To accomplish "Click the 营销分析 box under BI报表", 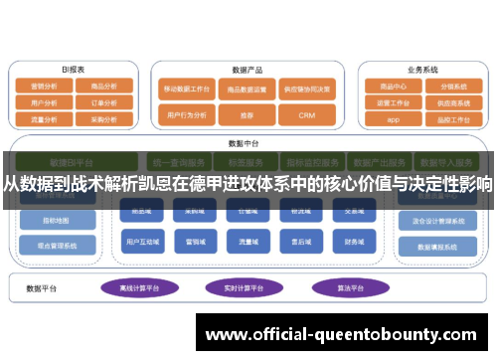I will pyautogui.click(x=44, y=87).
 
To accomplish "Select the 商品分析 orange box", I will pyautogui.click(x=104, y=87).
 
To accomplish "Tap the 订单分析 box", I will pyautogui.click(x=104, y=101).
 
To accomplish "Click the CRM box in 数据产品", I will pyautogui.click(x=306, y=115).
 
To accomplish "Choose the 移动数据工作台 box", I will pyautogui.click(x=187, y=88).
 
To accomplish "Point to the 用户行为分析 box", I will pyautogui.click(x=187, y=115).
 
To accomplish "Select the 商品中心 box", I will pyautogui.click(x=394, y=87).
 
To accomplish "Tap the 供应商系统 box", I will pyautogui.click(x=453, y=101).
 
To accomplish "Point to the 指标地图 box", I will pyautogui.click(x=56, y=219).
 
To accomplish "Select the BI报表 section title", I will pyautogui.click(x=74, y=69).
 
